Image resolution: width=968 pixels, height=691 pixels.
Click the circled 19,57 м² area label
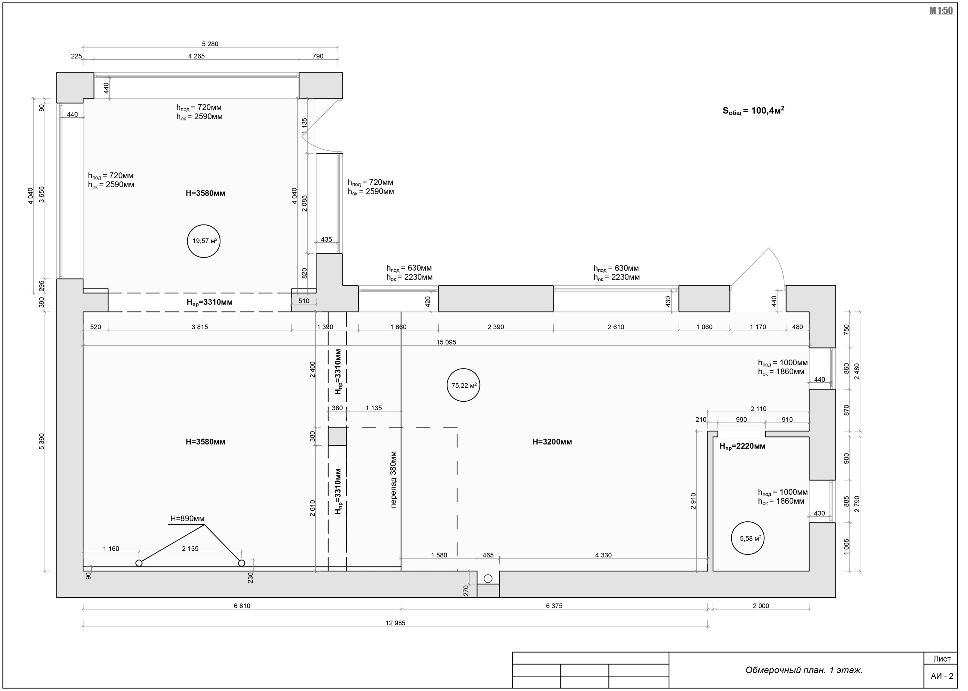(203, 241)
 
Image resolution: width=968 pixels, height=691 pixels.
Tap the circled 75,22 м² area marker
(464, 385)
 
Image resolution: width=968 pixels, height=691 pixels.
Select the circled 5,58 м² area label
(748, 538)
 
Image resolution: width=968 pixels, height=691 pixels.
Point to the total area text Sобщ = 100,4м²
(753, 111)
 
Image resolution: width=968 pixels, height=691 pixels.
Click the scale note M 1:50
(941, 11)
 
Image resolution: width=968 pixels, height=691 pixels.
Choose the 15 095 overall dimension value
(446, 342)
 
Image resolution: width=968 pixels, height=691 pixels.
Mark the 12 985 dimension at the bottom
(395, 623)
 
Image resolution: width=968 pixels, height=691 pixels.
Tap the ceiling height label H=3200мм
(552, 442)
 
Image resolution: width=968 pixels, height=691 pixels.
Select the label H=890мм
(187, 519)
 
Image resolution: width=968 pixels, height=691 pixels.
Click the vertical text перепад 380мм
(393, 480)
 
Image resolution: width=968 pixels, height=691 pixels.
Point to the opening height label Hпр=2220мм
(742, 446)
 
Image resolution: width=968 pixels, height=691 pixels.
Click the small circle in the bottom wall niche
(488, 579)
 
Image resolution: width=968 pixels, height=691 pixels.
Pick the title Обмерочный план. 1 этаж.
(804, 670)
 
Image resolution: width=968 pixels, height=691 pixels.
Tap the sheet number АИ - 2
(942, 676)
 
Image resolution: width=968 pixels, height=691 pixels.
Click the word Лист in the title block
(942, 659)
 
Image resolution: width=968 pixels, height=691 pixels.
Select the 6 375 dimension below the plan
(554, 606)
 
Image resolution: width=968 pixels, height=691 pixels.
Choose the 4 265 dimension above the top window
(196, 56)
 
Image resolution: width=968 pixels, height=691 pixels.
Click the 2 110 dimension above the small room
(758, 409)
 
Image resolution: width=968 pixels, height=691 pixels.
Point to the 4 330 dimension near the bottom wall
(604, 555)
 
